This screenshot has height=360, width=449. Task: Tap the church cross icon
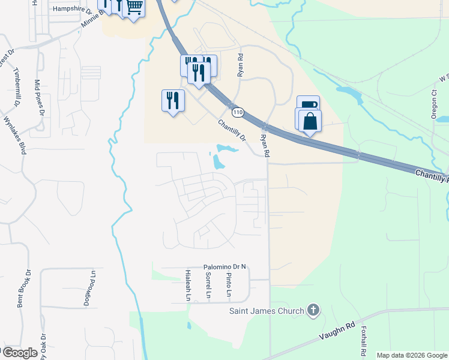(312, 310)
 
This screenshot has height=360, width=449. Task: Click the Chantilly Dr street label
(232, 130)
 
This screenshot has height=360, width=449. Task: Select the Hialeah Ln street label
(188, 284)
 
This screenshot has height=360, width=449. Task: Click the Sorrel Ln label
(208, 284)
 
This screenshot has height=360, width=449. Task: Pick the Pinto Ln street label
(229, 284)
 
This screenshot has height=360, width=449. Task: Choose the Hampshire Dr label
(72, 10)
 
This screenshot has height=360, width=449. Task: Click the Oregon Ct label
(433, 104)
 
